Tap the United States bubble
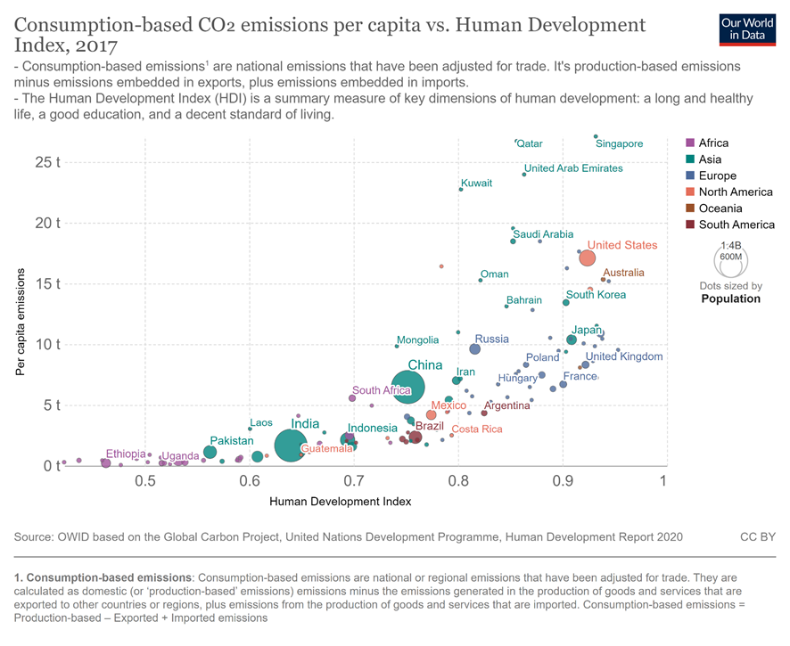click(588, 258)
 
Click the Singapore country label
click(619, 143)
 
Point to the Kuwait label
click(476, 183)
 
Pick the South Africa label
click(381, 390)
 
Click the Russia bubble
click(474, 349)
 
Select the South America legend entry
click(737, 225)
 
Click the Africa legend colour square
click(690, 143)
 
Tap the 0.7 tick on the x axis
click(354, 481)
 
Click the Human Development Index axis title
click(340, 502)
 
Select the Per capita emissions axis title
click(19, 317)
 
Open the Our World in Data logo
click(746, 29)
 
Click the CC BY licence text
click(757, 537)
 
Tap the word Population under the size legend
click(730, 299)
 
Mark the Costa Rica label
click(476, 429)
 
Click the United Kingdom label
click(623, 356)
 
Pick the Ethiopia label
click(125, 454)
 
